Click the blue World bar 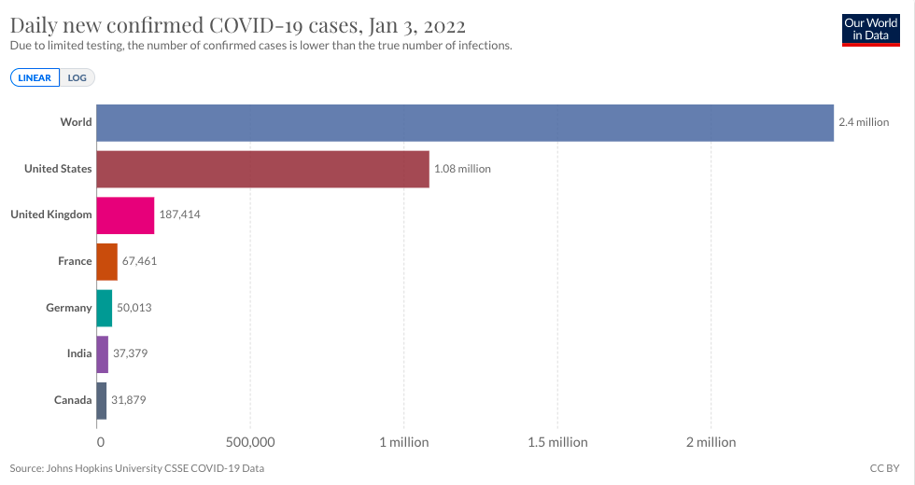[x=465, y=122]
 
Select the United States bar [x=262, y=169]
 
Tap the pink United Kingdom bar [x=125, y=215]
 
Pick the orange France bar [x=106, y=261]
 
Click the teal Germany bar [x=104, y=308]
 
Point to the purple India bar [x=102, y=353]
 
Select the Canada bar [x=101, y=400]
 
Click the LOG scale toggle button [x=77, y=78]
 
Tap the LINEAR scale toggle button [x=35, y=78]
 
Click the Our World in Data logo [x=870, y=30]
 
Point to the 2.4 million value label [x=864, y=122]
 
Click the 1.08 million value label [x=462, y=169]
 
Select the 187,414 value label [x=180, y=215]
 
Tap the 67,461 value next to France [x=139, y=261]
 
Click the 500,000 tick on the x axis [x=249, y=442]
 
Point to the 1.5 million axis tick [x=557, y=442]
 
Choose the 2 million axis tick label [x=711, y=442]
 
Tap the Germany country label [x=69, y=308]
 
